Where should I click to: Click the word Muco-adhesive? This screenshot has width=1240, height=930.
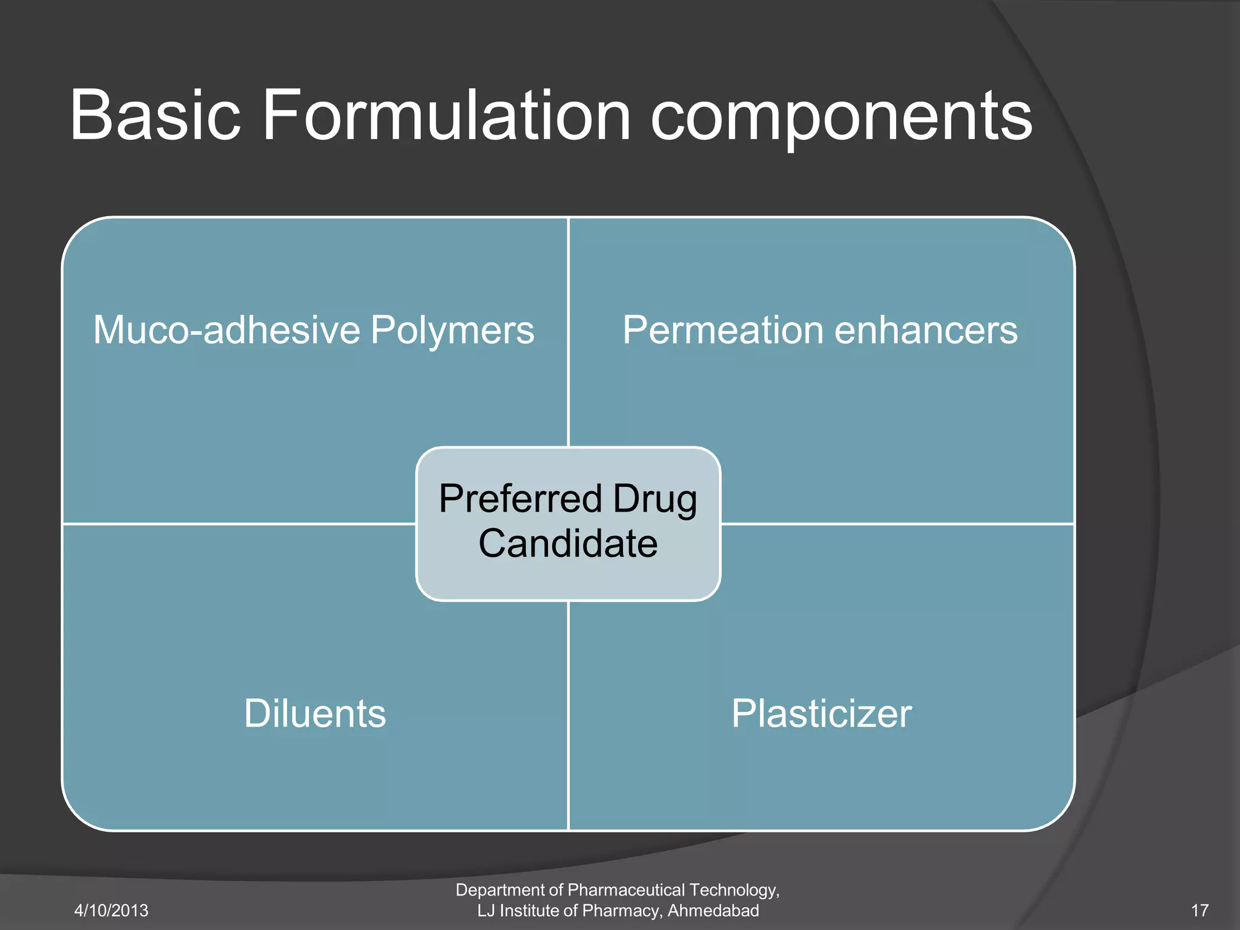[x=226, y=331]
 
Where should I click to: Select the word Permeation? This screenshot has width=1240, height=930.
[x=723, y=331]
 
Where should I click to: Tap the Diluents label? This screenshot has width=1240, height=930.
[x=315, y=713]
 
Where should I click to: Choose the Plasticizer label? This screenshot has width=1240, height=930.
[x=821, y=713]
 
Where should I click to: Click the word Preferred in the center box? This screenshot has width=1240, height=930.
[x=521, y=500]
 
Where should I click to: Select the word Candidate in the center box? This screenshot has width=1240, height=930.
[x=568, y=543]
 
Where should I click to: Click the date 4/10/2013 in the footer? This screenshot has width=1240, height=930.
[x=111, y=911]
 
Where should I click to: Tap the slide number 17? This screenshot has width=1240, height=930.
[x=1199, y=911]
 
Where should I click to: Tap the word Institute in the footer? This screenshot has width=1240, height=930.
[x=526, y=911]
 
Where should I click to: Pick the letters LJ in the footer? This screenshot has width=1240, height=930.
[x=486, y=911]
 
